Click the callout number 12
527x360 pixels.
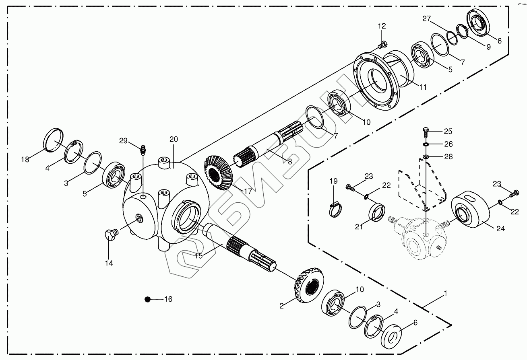[x=382, y=26]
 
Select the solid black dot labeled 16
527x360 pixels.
[x=147, y=299]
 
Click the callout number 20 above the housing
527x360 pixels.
[x=174, y=139]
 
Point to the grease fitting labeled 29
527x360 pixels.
[x=143, y=150]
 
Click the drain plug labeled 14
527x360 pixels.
[x=111, y=234]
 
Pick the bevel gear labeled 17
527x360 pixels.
[x=218, y=173]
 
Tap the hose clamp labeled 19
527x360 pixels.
[x=335, y=210]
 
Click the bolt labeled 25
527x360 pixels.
[x=426, y=133]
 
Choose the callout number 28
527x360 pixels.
[x=448, y=156]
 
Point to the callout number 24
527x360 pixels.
[x=501, y=228]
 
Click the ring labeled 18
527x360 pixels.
[x=54, y=140]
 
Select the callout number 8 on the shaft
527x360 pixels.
[x=289, y=161]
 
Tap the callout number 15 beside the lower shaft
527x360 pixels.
[x=198, y=256]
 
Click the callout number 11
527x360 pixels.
[x=423, y=87]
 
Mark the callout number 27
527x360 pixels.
[x=426, y=19]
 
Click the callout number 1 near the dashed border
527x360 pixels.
[x=445, y=293]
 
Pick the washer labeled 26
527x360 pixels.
[x=426, y=144]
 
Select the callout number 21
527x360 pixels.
[x=359, y=227]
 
